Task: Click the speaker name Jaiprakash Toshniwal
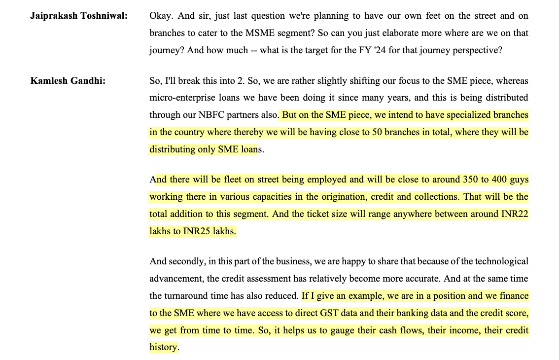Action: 79,16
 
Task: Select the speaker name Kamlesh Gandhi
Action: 69,81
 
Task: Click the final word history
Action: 163,347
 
